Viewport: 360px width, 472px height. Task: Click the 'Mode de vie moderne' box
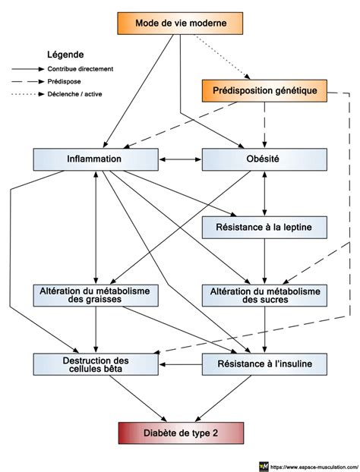pos(180,24)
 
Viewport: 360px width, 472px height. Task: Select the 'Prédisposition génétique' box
pos(264,90)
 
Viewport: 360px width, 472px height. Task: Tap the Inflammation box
pos(96,159)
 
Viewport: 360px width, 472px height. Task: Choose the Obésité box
pos(264,159)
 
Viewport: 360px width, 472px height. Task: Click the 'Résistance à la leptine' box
pos(264,227)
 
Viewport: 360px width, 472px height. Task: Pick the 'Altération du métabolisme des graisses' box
pos(96,295)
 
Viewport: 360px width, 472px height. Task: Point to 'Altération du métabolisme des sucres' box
pos(264,295)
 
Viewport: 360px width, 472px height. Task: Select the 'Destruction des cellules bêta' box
pos(96,364)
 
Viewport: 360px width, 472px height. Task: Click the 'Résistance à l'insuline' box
pos(264,364)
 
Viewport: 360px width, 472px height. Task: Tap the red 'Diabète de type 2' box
pos(181,433)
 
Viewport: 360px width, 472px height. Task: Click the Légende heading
pos(65,55)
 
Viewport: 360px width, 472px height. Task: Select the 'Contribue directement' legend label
pos(81,69)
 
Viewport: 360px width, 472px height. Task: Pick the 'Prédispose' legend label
pos(64,82)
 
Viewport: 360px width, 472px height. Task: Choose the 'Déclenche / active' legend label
pos(74,94)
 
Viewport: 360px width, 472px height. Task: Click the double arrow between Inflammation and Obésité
pos(180,159)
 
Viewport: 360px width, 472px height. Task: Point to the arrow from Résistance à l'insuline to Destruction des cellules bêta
pos(181,364)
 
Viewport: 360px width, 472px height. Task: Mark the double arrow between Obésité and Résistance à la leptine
pos(264,194)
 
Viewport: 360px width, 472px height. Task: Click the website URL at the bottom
pos(314,467)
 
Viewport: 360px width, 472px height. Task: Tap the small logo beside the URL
pos(264,467)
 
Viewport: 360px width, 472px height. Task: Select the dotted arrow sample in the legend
pos(28,94)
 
